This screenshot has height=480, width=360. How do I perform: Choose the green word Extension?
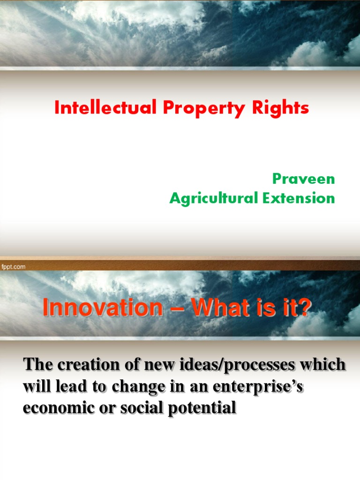click(298, 198)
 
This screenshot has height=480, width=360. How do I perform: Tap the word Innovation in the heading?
click(96, 308)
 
